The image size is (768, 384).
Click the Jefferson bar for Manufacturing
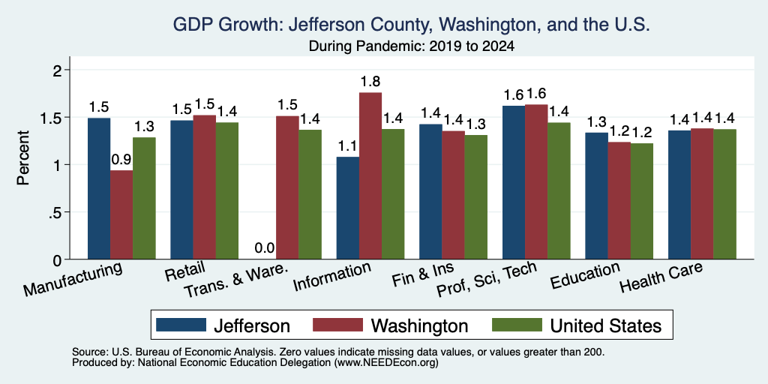point(99,188)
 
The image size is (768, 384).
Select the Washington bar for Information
point(370,175)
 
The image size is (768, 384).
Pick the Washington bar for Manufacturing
point(121,214)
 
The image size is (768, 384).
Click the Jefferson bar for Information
point(348,208)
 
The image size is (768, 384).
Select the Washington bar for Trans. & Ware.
point(287,187)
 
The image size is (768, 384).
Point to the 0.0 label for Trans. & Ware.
point(265,248)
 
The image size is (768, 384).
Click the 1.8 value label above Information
point(370,81)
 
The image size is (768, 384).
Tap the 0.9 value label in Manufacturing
point(121,159)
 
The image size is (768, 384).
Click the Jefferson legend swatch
point(181,325)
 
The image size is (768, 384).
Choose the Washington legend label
point(420,325)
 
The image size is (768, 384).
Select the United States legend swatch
point(517,325)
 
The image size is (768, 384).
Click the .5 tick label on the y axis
point(56,212)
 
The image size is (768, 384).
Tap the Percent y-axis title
point(23,157)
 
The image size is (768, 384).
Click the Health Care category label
point(661,276)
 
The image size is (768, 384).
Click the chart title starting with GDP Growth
point(412,24)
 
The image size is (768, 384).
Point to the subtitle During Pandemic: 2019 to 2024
point(412,47)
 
